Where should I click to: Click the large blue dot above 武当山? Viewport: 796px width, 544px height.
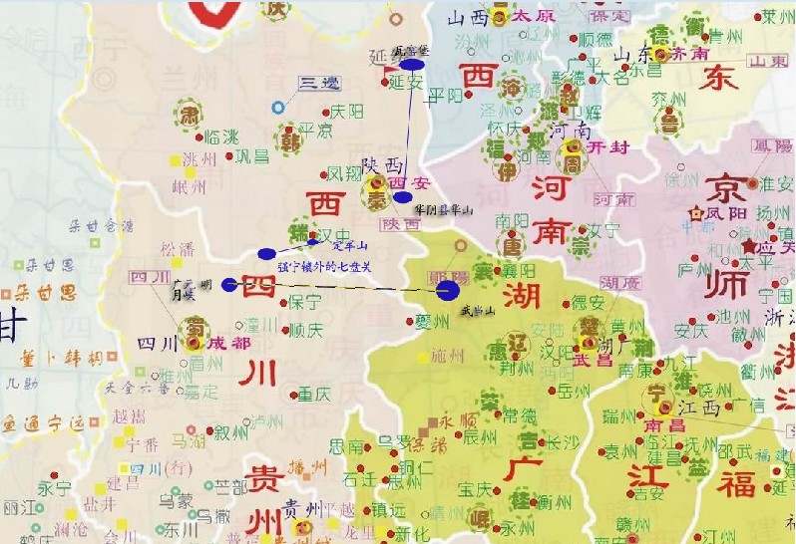(448, 290)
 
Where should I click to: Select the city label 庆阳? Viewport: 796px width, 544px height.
(347, 111)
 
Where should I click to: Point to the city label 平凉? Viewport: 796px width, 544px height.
(316, 130)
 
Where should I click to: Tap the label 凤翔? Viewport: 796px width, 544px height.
(346, 172)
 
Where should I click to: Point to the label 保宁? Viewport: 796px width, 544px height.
(304, 301)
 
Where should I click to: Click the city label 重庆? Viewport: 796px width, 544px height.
(313, 393)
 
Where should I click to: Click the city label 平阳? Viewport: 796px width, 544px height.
(445, 96)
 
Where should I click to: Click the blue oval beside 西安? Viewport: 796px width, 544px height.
(402, 197)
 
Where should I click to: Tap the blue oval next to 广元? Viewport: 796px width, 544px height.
(229, 285)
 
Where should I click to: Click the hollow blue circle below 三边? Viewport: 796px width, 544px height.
(278, 107)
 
